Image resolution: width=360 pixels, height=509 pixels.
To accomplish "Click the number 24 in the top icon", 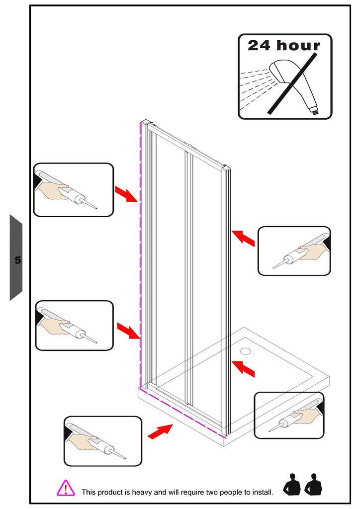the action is [259, 45].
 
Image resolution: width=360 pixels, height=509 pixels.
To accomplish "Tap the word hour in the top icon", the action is [298, 45].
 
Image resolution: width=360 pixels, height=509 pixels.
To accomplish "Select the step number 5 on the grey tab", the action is [17, 259].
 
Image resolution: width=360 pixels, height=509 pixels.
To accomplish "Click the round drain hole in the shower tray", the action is [246, 351].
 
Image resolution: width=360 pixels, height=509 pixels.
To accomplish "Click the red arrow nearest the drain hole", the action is [244, 368].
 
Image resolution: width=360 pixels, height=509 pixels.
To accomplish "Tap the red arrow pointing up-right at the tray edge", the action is [160, 431].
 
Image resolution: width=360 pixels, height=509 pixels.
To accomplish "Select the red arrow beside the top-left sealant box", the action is [127, 194].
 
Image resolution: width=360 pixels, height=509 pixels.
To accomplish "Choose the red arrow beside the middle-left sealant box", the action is [129, 331].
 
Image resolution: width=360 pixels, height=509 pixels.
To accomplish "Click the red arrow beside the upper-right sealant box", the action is [243, 238].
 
